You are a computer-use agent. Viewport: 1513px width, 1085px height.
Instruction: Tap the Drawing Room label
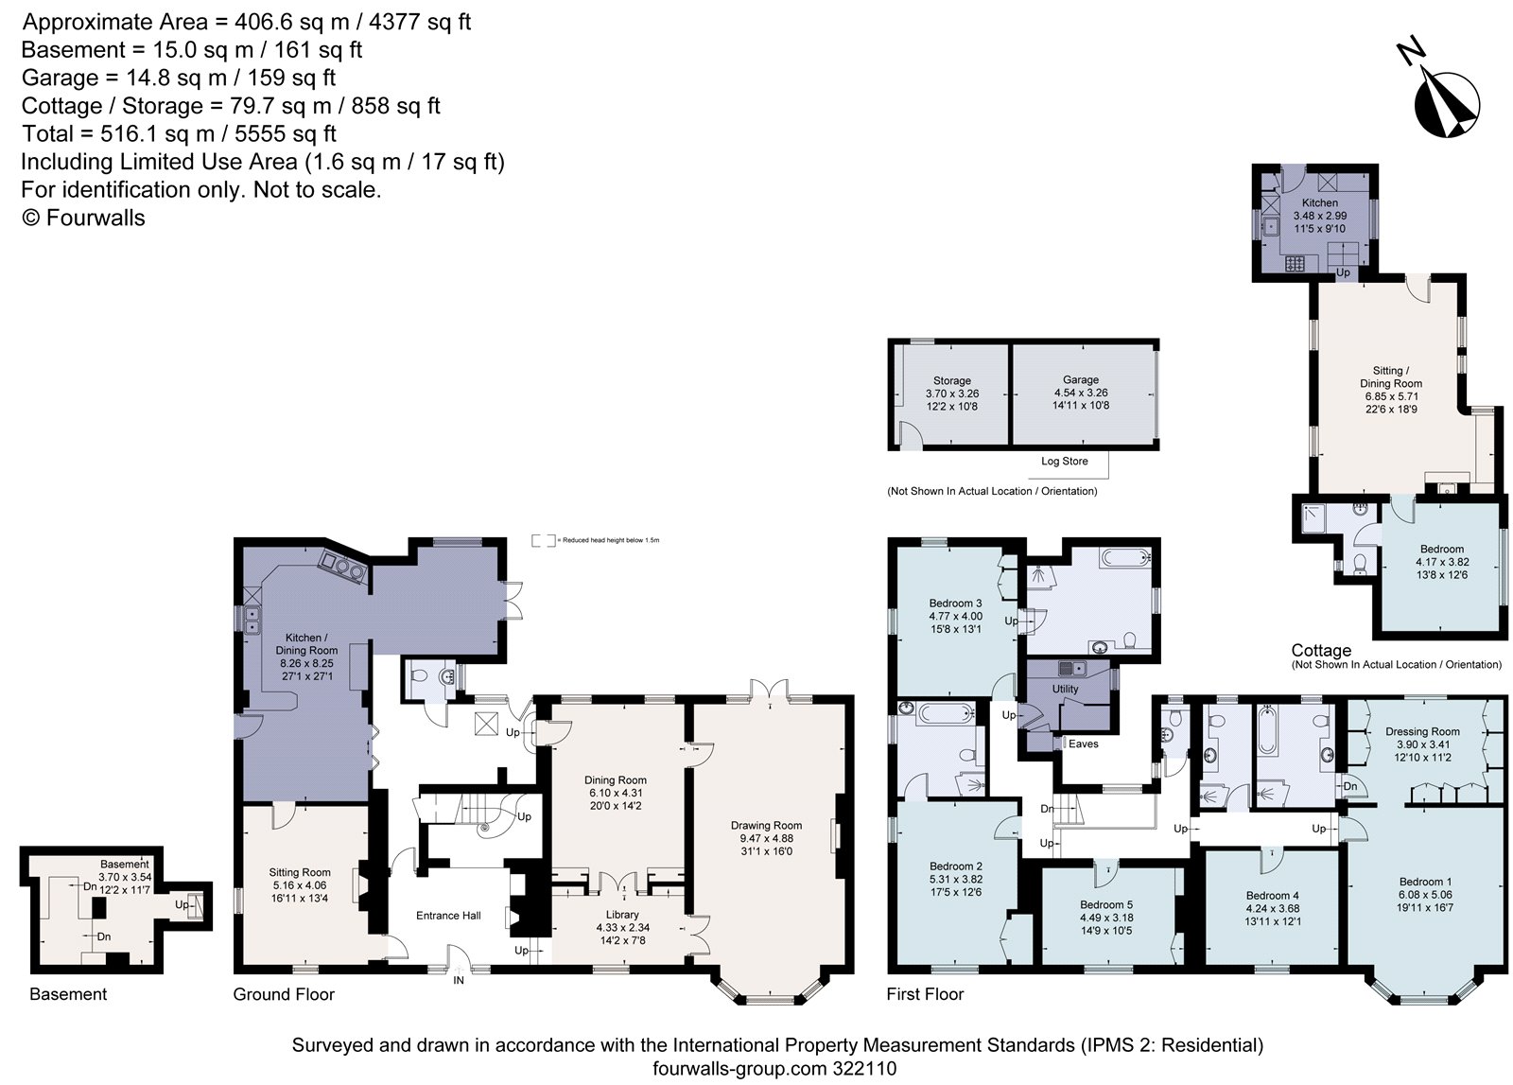pos(766,825)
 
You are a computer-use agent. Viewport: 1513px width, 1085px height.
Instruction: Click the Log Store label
pos(1064,462)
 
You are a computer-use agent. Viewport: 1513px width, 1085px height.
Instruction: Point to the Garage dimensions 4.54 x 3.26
pos(1081,393)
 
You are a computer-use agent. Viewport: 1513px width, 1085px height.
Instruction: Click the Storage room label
pos(951,380)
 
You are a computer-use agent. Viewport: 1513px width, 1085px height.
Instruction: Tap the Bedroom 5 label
pos(1105,904)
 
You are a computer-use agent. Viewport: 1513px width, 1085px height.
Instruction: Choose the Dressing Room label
pos(1422,731)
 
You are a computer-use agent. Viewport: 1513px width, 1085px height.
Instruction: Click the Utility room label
pos(1065,689)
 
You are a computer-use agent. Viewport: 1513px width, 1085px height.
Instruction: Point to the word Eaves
pos(1083,744)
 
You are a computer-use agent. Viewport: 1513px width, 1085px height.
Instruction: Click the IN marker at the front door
pos(459,981)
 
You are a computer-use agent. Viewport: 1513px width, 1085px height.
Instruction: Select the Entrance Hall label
pos(448,915)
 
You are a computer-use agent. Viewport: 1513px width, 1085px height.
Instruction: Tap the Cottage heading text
pos(1321,651)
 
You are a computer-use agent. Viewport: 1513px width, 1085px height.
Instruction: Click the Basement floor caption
pos(68,994)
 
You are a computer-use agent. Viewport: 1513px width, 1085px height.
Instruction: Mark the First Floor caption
pos(925,994)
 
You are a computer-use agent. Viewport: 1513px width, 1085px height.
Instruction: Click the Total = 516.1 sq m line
pos(179,133)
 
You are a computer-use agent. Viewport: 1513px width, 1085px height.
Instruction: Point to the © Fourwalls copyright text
pos(83,218)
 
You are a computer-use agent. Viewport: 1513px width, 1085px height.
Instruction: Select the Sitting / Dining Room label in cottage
pos(1391,376)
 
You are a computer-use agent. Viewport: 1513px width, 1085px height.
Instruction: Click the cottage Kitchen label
pos(1319,202)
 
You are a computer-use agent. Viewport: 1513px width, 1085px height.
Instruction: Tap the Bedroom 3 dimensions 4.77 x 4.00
pos(955,616)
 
